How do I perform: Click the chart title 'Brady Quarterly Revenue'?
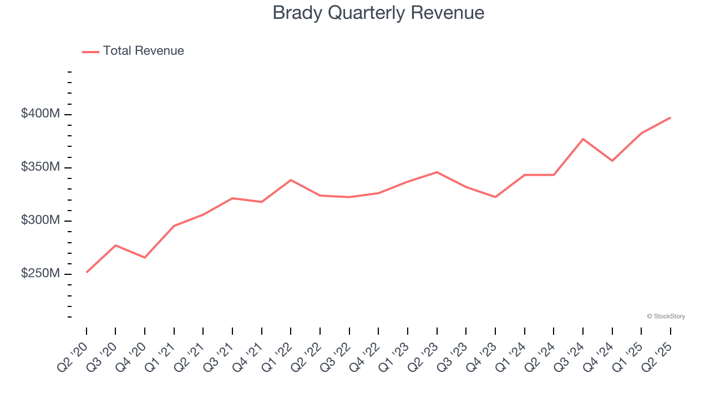tap(378, 13)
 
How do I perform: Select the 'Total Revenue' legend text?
tap(143, 51)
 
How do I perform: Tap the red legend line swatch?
tap(90, 52)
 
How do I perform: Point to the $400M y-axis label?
tap(40, 114)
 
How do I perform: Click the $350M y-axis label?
tap(40, 167)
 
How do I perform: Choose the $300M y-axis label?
tap(40, 221)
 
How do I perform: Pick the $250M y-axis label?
tap(40, 274)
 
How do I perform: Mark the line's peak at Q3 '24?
tap(583, 139)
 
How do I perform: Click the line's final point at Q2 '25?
tap(670, 117)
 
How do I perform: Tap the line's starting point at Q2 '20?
tap(87, 272)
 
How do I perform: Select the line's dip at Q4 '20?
tap(145, 258)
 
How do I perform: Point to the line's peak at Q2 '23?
tap(437, 172)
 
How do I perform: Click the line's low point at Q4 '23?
tap(495, 197)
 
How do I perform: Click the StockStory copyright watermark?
tap(666, 316)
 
